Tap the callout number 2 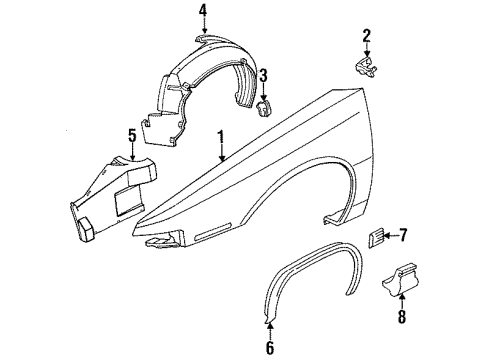click(366, 37)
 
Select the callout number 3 click(263, 75)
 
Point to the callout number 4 click(202, 12)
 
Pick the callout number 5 click(131, 136)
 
